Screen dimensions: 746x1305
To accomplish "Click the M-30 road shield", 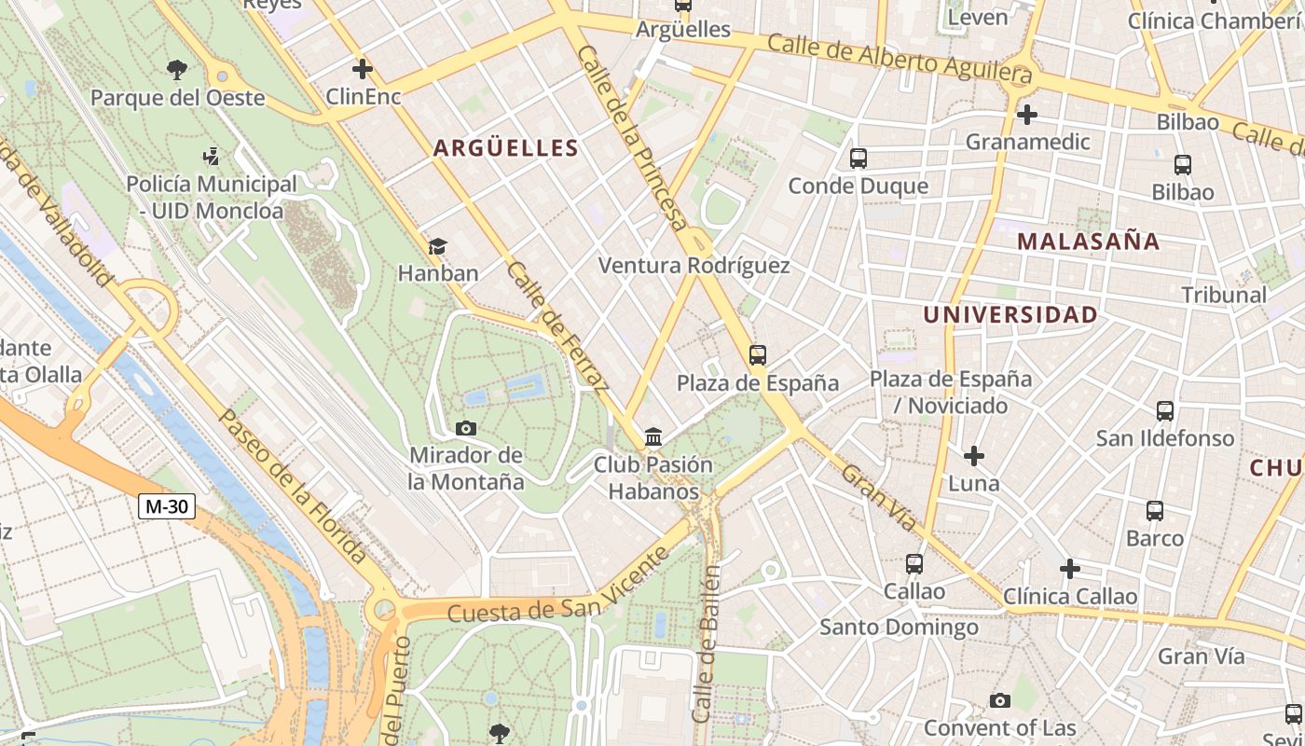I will tap(167, 506).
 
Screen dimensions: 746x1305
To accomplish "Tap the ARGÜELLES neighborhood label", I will tap(505, 148).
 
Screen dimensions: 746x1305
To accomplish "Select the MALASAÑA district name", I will tap(1088, 242).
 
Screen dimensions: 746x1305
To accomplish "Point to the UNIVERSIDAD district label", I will tap(1010, 315).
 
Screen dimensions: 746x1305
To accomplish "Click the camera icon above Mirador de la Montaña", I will tap(466, 428).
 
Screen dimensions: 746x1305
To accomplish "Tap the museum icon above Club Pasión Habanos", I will tap(653, 436).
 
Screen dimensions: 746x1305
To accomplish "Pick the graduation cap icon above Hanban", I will tap(437, 246).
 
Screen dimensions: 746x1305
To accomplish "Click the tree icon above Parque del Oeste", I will tap(176, 69).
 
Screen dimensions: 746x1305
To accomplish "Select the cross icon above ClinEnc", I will tap(363, 69).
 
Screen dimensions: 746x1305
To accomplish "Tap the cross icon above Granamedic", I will tap(1027, 115).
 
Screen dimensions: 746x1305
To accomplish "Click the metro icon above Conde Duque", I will tap(859, 159).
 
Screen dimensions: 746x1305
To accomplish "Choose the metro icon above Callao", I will tap(914, 563).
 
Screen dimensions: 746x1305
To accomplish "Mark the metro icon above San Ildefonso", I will tap(1165, 410).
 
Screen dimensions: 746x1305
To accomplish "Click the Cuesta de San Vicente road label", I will tap(558, 586).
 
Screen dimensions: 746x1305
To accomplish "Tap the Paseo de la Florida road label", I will tap(293, 487).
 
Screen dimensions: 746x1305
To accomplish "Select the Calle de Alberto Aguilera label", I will tap(900, 55).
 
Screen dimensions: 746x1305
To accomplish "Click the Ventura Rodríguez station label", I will tap(694, 266).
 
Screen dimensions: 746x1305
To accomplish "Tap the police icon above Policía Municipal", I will tap(212, 157).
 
